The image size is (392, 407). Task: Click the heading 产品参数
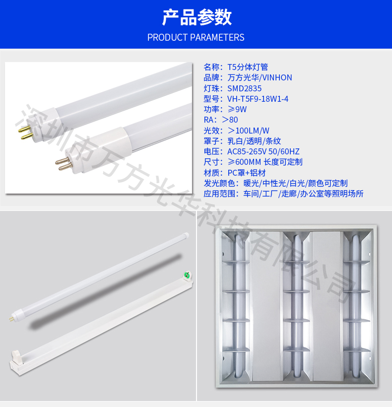point(196,17)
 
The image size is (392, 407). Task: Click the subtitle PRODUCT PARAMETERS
point(196,37)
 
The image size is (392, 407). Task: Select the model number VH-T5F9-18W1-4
point(258,99)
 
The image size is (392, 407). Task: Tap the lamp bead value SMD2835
point(245,88)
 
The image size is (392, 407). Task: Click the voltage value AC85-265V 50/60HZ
point(263,151)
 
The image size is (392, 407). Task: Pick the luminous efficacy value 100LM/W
point(252,131)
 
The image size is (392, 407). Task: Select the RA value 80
point(234,120)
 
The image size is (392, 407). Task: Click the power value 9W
point(241,109)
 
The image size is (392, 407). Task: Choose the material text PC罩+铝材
point(247,173)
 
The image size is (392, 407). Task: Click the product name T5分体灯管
point(248,67)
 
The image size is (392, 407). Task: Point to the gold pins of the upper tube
point(25,133)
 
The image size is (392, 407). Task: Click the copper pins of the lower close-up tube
point(63,164)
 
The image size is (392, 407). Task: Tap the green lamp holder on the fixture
point(188,274)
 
